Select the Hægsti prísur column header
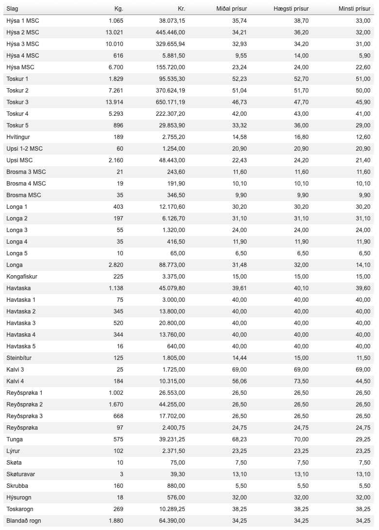tap(290, 9)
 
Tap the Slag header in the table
tap(12, 9)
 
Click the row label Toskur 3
tap(17, 102)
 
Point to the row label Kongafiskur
tap(22, 276)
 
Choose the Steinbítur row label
tap(19, 358)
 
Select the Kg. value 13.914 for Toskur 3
tap(115, 102)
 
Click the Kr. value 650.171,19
tap(168, 102)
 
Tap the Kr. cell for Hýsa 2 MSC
tap(168, 32)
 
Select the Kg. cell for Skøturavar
tap(120, 474)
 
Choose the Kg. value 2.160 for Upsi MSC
tap(116, 160)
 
